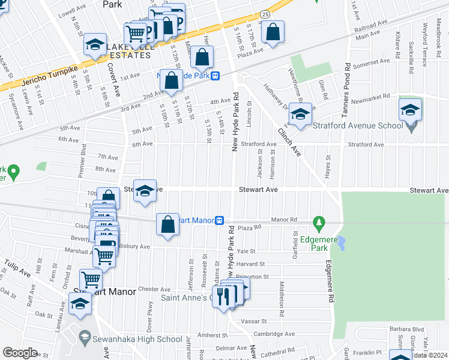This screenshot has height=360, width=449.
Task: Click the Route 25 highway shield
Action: point(265,13)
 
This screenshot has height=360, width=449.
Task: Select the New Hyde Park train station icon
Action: point(215,76)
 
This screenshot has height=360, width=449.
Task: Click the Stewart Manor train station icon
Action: point(220,220)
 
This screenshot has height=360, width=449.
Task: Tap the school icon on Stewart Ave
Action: point(145,191)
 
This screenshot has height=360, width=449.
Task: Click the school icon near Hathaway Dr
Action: point(301,114)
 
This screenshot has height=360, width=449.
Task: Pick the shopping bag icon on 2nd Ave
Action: point(172,80)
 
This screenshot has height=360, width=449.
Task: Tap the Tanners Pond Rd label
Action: point(347,83)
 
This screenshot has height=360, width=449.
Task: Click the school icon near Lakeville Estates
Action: point(95,45)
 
